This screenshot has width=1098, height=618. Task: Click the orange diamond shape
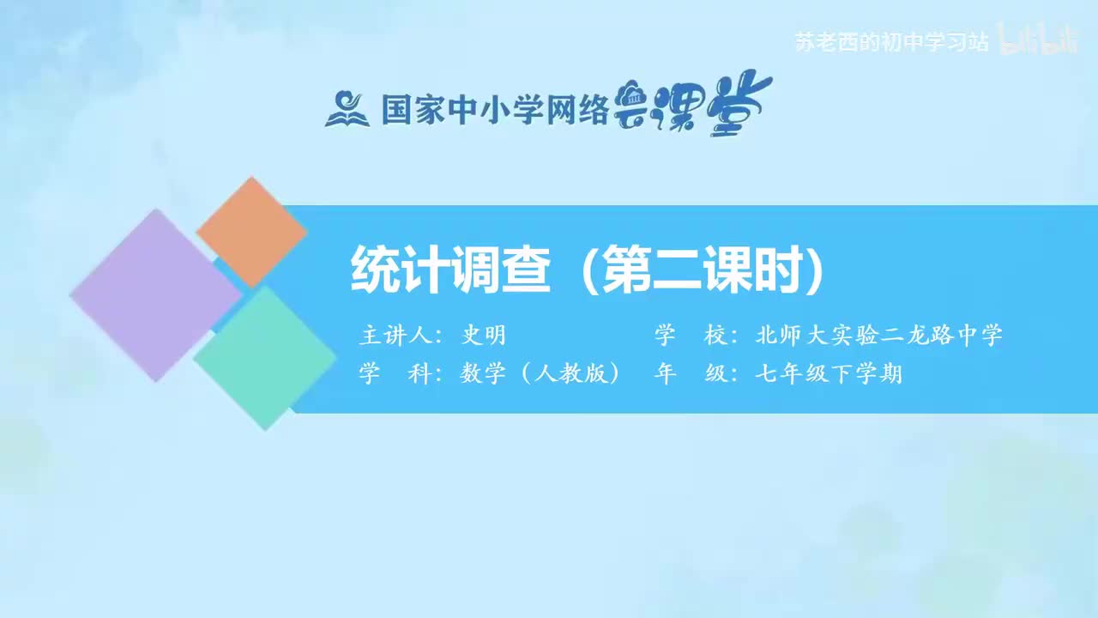pos(251,232)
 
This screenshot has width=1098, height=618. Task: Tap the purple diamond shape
pos(155,294)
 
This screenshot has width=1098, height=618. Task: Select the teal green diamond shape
pos(265,357)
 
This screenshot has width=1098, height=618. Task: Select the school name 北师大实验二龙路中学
pos(879,336)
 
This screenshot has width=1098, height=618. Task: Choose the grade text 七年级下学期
pos(829,374)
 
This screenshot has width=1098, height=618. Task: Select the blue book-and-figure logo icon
pos(347,109)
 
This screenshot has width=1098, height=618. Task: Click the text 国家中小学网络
pos(495,109)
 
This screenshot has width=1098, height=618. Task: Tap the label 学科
pos(395,374)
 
